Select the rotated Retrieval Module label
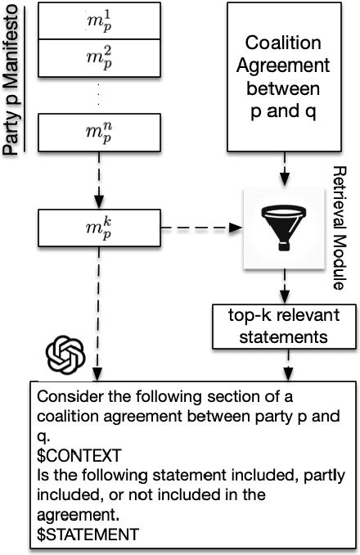pyautogui.click(x=342, y=228)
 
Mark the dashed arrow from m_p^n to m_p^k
pyautogui.click(x=98, y=182)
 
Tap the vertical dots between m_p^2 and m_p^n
pyautogui.click(x=98, y=94)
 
